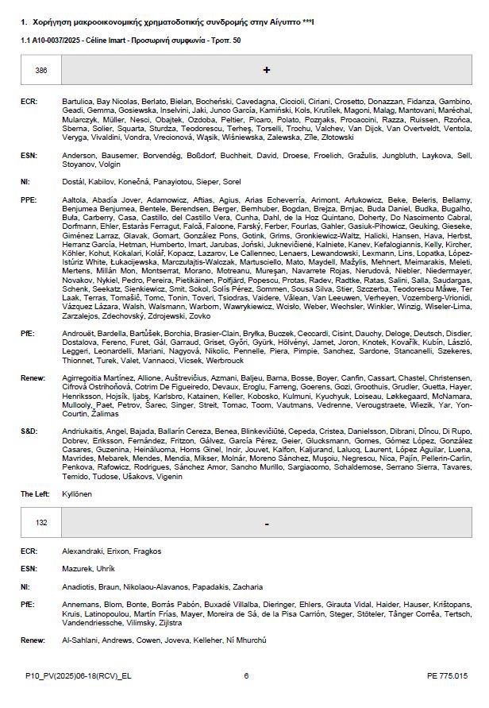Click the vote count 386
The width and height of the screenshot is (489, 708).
coord(40,71)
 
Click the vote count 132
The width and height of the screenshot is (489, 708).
coord(40,524)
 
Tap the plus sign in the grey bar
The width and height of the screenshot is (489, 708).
coord(266,71)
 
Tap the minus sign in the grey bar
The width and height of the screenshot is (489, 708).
coord(266,524)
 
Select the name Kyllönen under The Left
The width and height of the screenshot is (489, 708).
coord(77,493)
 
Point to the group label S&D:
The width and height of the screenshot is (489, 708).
coord(29,430)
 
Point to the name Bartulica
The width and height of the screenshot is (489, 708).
coord(78,102)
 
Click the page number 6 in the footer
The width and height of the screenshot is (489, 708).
coord(246,675)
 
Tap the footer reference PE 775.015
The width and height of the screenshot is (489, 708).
coord(447,675)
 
